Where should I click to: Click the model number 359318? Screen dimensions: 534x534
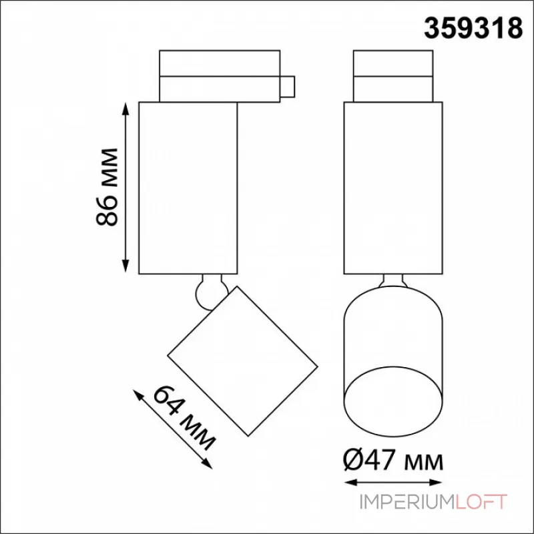click(x=473, y=28)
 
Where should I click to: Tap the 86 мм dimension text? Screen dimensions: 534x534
click(x=107, y=188)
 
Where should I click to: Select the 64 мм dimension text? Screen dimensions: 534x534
click(x=184, y=418)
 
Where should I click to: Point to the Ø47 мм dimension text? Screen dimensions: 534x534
click(x=393, y=459)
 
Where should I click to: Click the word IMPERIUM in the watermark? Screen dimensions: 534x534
click(x=407, y=502)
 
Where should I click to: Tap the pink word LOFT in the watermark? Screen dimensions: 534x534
click(x=481, y=502)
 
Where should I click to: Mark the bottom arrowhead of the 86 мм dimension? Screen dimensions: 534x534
click(x=125, y=266)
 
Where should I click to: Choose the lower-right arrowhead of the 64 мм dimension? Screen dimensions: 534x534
click(x=207, y=463)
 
